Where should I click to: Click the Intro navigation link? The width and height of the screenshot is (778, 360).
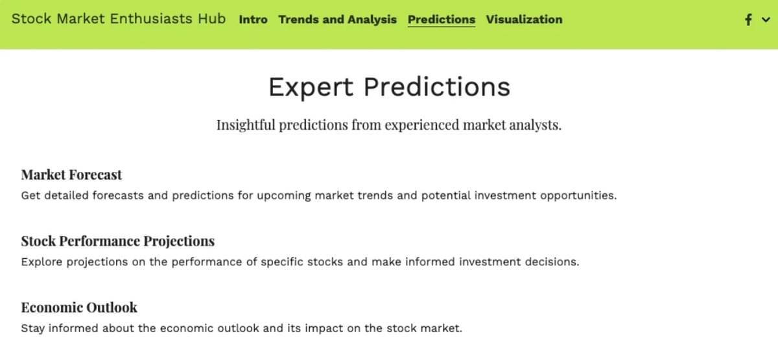pyautogui.click(x=253, y=19)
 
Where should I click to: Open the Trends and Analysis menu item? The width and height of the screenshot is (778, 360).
pyautogui.click(x=337, y=19)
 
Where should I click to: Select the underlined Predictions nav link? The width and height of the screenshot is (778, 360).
pyautogui.click(x=442, y=19)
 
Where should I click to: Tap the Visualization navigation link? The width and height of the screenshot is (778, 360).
pyautogui.click(x=524, y=19)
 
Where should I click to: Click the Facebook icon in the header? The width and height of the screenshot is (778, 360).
pyautogui.click(x=748, y=19)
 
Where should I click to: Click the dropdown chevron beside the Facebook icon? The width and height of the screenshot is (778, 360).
pyautogui.click(x=766, y=20)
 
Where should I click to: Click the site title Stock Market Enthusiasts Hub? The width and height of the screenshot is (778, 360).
pyautogui.click(x=119, y=19)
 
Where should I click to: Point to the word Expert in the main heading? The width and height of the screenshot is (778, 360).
pyautogui.click(x=311, y=87)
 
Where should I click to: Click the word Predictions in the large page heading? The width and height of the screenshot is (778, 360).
pyautogui.click(x=437, y=86)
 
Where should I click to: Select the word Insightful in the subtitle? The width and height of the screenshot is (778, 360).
pyautogui.click(x=246, y=125)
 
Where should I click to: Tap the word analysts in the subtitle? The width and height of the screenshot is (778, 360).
pyautogui.click(x=536, y=125)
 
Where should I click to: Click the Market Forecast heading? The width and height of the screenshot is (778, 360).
pyautogui.click(x=71, y=174)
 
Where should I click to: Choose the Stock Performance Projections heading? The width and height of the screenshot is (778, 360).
pyautogui.click(x=118, y=241)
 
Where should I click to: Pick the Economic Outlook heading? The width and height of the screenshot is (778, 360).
pyautogui.click(x=79, y=307)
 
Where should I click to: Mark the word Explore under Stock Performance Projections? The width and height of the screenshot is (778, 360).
pyautogui.click(x=41, y=262)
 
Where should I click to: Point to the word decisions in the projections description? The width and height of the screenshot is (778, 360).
pyautogui.click(x=552, y=262)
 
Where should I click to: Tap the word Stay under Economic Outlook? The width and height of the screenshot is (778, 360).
pyautogui.click(x=32, y=328)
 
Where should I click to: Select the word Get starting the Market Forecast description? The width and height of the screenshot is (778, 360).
pyautogui.click(x=30, y=196)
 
